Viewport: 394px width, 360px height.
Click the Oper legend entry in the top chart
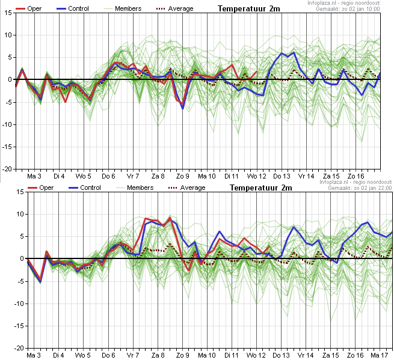pyautogui.click(x=28, y=8)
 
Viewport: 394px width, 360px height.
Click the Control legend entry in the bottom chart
pyautogui.click(x=84, y=188)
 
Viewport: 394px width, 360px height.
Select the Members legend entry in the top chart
pyautogui.click(x=122, y=8)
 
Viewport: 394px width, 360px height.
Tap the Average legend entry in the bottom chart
pyautogui.click(x=186, y=188)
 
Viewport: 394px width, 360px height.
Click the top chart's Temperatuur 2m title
pyautogui.click(x=249, y=8)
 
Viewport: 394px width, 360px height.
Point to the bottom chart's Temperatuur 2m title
pyautogui.click(x=261, y=188)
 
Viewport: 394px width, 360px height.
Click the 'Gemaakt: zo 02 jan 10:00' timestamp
pyautogui.click(x=348, y=9)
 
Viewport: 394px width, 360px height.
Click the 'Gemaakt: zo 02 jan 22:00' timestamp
pyautogui.click(x=360, y=188)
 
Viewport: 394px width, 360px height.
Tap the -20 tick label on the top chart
pyautogui.click(x=7, y=169)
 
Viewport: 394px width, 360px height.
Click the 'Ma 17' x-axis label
pyautogui.click(x=380, y=355)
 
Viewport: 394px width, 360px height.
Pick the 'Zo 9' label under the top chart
pyautogui.click(x=182, y=176)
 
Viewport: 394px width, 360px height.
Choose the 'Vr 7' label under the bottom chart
pyautogui.click(x=133, y=355)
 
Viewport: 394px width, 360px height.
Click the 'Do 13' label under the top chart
pyautogui.click(x=282, y=176)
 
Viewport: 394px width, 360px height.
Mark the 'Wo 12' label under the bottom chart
pyautogui.click(x=256, y=355)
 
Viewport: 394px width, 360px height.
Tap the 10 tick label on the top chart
pyautogui.click(x=8, y=35)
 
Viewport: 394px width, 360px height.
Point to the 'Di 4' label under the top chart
pyautogui.click(x=59, y=176)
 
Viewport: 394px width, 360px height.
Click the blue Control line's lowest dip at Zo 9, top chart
pyautogui.click(x=183, y=108)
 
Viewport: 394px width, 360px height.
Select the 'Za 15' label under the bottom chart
pyautogui.click(x=331, y=355)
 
